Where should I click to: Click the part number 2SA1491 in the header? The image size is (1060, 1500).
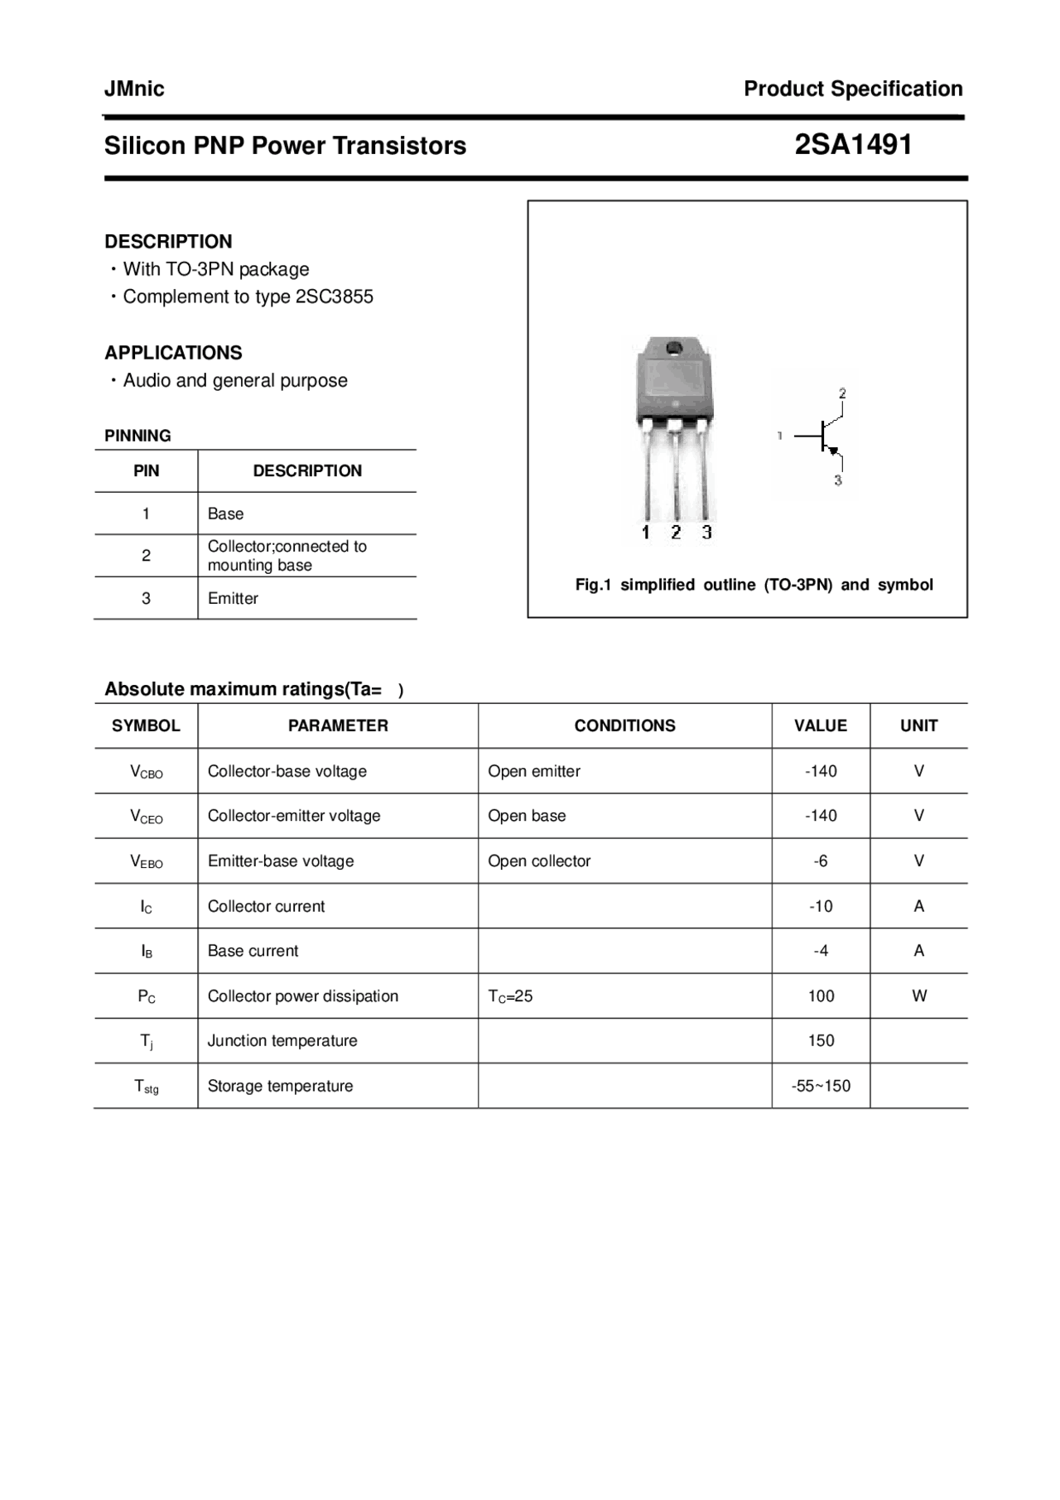(853, 145)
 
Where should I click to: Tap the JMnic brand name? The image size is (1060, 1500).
(134, 89)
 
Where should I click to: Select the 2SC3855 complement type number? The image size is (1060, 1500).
(334, 297)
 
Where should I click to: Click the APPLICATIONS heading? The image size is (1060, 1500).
(173, 353)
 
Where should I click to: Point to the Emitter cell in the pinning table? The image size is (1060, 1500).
(233, 598)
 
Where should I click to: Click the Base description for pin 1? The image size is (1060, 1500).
(225, 514)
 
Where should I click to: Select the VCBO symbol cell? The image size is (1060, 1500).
(147, 772)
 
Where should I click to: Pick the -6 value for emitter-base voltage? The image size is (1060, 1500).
(820, 861)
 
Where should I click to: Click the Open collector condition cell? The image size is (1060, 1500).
(539, 861)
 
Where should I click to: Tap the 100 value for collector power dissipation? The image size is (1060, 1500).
(821, 996)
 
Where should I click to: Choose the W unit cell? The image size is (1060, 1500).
(918, 996)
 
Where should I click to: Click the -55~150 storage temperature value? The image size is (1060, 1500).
(821, 1086)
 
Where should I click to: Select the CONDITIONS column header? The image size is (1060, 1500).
(624, 726)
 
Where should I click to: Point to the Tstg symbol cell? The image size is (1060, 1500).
(147, 1087)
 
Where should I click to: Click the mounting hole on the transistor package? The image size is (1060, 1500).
(674, 348)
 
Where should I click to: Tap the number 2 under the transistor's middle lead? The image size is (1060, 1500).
(676, 533)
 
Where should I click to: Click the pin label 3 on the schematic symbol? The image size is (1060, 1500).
(838, 480)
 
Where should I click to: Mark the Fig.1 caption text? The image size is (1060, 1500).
(754, 585)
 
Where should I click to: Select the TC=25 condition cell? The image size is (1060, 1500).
(510, 996)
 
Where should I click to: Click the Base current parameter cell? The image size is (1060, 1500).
(253, 951)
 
